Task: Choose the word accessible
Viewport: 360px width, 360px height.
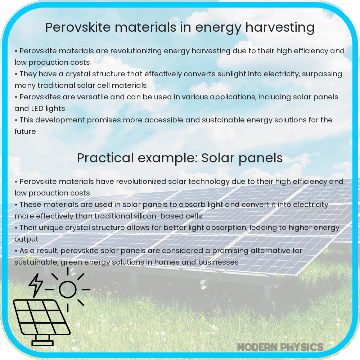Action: point(172,120)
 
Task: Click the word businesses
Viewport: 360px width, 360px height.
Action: point(218,262)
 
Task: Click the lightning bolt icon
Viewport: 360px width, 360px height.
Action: point(36,284)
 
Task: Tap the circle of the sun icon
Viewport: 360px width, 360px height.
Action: point(68,289)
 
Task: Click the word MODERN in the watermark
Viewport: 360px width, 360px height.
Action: point(257,347)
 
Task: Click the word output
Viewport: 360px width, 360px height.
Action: point(26,239)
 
